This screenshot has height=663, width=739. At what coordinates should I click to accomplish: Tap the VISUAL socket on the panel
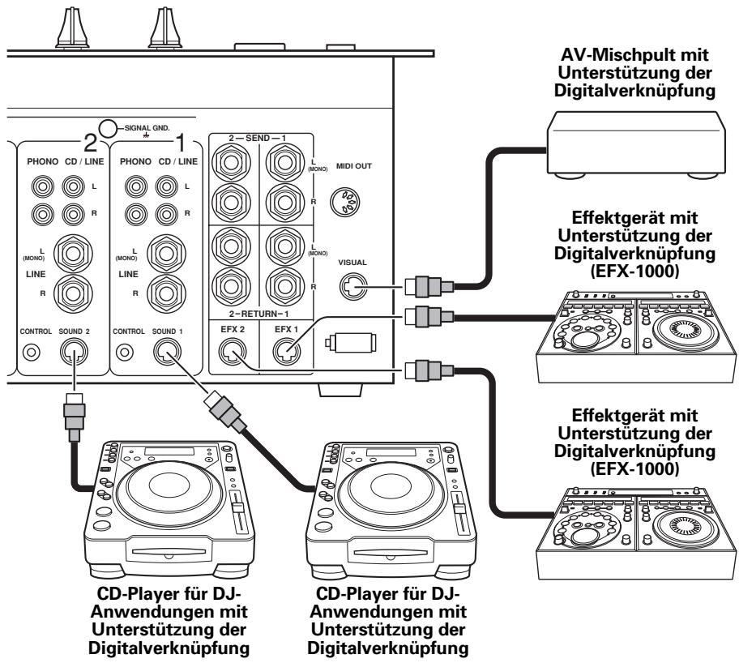click(353, 285)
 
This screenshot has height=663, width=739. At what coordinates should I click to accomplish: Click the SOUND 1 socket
click(167, 351)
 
